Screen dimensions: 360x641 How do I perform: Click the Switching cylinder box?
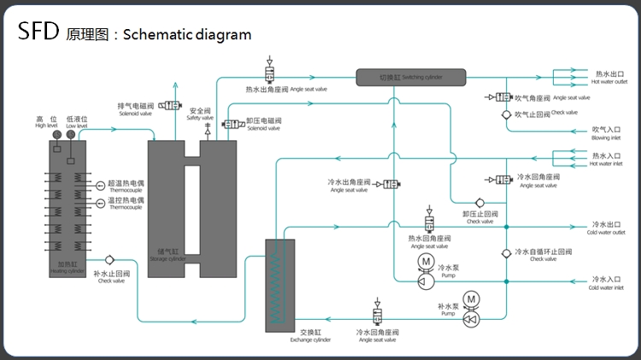click(x=411, y=78)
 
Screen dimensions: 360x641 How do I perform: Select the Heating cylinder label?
click(x=67, y=267)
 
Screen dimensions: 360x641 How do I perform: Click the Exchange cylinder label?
click(x=310, y=334)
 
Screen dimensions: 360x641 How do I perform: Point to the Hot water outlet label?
click(x=609, y=78)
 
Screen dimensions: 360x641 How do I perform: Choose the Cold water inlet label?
click(x=606, y=283)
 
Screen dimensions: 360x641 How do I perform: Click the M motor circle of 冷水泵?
click(x=425, y=261)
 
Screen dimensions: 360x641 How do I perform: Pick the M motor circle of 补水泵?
click(x=471, y=298)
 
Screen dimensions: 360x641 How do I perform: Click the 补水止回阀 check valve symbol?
click(x=109, y=259)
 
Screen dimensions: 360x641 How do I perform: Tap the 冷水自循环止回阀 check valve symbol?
click(x=506, y=252)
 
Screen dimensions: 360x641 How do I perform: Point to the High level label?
click(x=46, y=122)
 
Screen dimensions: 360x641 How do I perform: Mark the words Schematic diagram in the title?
click(x=187, y=34)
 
